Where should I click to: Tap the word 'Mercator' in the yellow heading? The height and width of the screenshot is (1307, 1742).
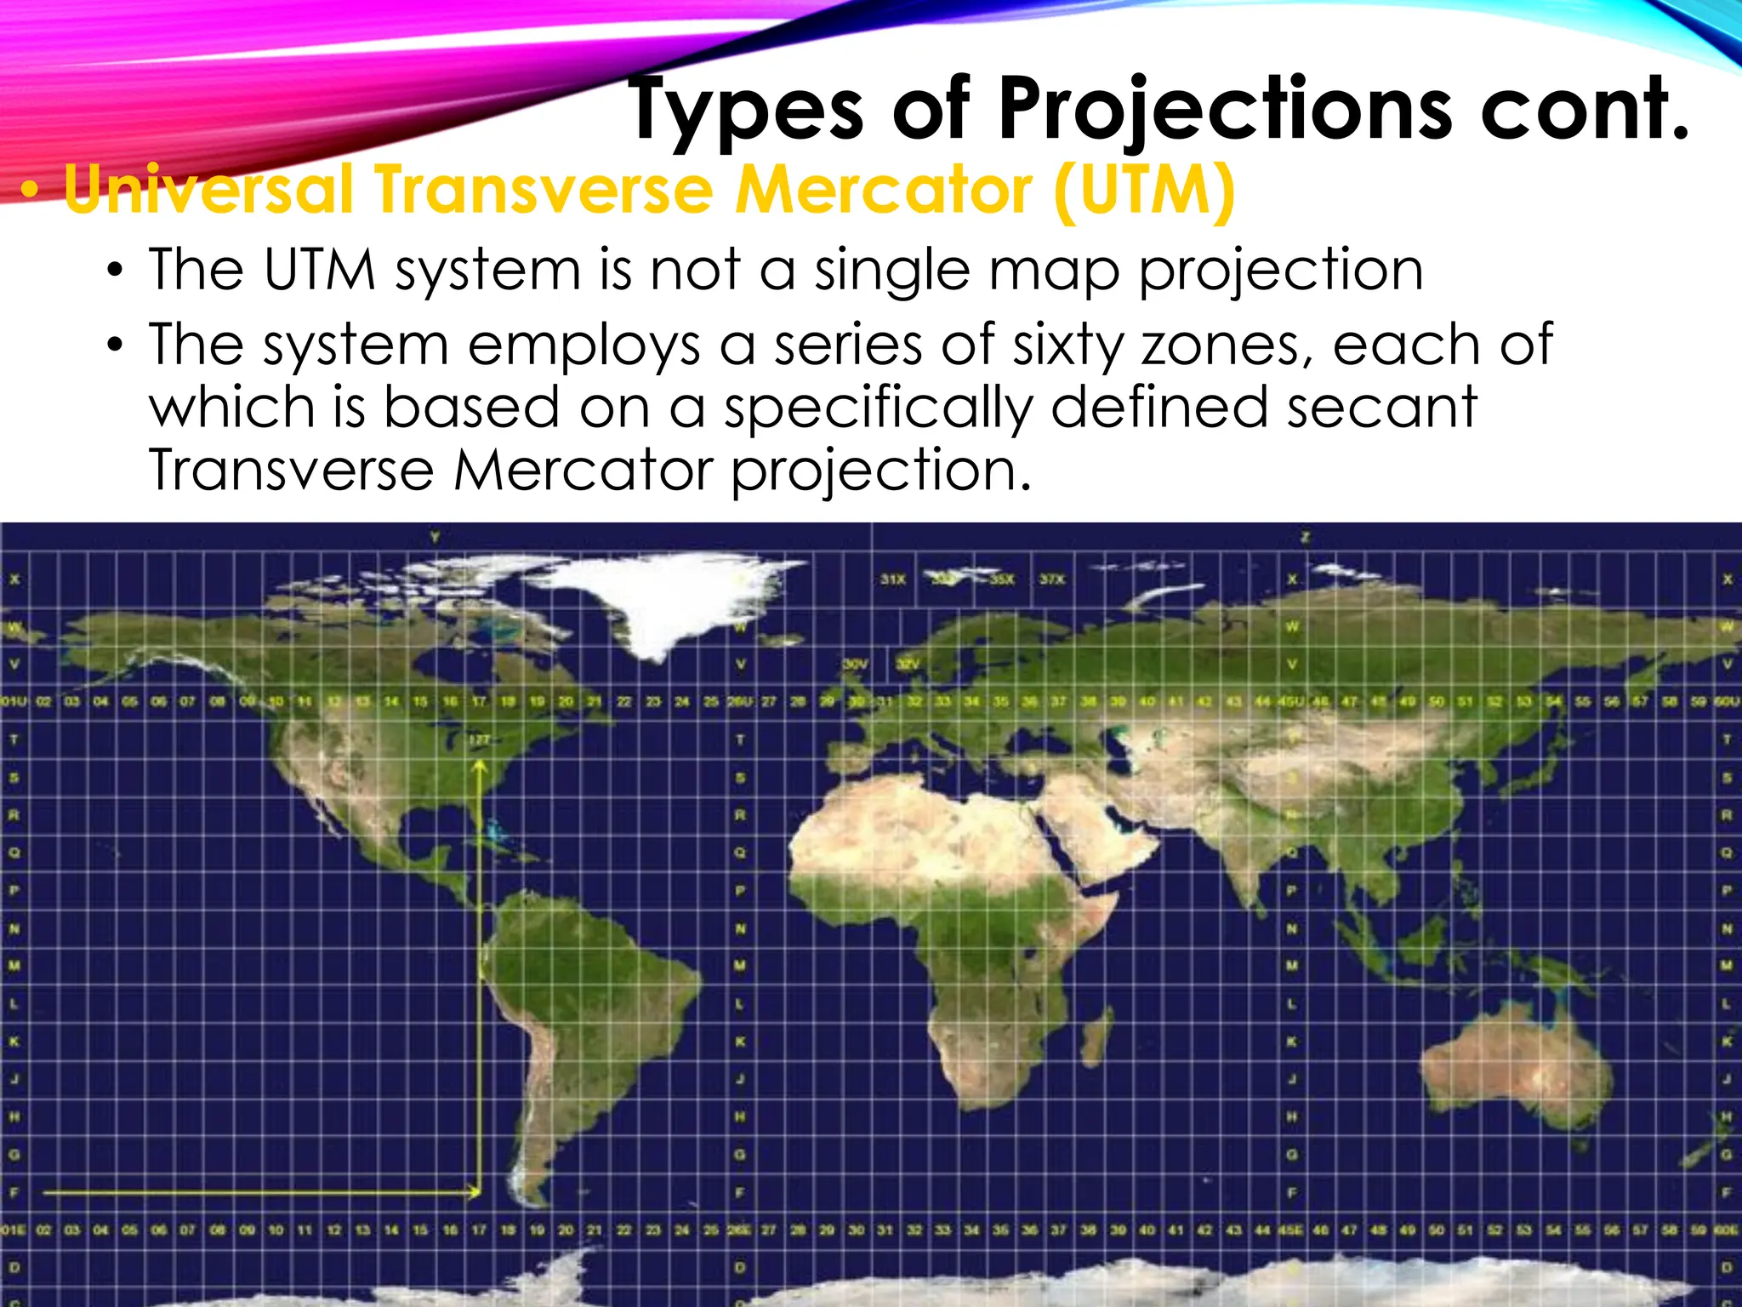click(x=884, y=189)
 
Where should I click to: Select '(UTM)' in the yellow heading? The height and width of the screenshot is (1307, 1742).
click(x=1144, y=189)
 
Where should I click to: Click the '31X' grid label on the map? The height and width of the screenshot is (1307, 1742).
click(x=892, y=579)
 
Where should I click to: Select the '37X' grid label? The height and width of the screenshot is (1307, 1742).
click(x=1051, y=579)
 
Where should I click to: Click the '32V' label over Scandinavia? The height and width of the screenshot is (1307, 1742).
click(x=908, y=664)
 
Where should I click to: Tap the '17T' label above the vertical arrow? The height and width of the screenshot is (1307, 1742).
click(x=480, y=740)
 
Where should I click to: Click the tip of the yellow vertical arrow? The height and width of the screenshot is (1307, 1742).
click(x=480, y=763)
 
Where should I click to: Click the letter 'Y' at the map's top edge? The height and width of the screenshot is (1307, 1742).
click(x=435, y=537)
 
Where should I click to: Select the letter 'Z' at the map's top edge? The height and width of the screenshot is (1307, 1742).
click(x=1305, y=537)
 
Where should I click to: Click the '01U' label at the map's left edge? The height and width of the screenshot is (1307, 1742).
click(x=14, y=702)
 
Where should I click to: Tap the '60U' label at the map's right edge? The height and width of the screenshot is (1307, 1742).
click(x=1728, y=702)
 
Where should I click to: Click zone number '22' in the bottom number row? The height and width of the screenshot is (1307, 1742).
click(x=624, y=1230)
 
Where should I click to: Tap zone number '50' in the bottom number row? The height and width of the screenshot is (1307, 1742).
click(x=1436, y=1230)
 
